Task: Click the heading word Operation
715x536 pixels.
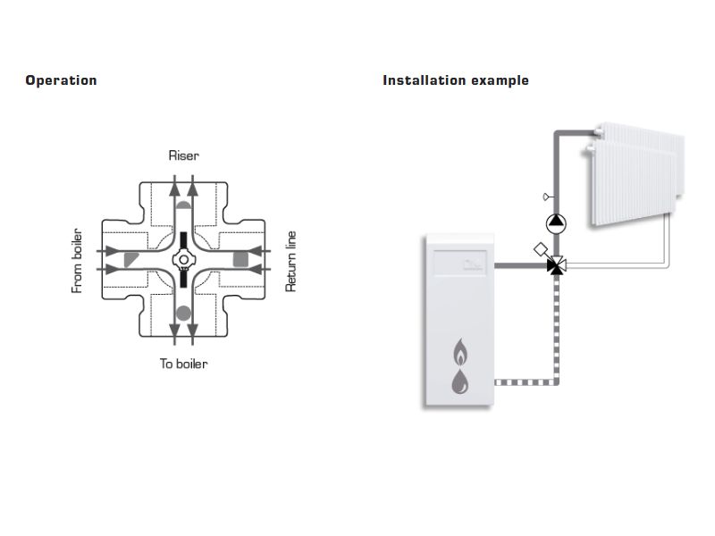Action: coord(61,80)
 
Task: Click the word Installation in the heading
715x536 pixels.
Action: coord(418,80)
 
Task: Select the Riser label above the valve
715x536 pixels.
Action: coord(184,155)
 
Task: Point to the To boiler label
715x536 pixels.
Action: coord(184,364)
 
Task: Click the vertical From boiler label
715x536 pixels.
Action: coord(77,260)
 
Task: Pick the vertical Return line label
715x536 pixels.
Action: coord(290,261)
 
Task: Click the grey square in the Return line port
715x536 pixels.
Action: coord(240,259)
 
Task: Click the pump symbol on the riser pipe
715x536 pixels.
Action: coord(556,221)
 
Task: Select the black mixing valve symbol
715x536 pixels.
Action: coord(556,265)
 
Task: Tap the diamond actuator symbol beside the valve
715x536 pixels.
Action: coord(540,250)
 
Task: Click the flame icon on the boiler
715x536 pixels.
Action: coord(460,352)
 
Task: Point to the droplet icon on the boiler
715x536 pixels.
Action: coord(460,382)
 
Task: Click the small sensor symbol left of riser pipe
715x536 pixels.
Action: coord(544,197)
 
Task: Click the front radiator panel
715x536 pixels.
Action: coord(630,188)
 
